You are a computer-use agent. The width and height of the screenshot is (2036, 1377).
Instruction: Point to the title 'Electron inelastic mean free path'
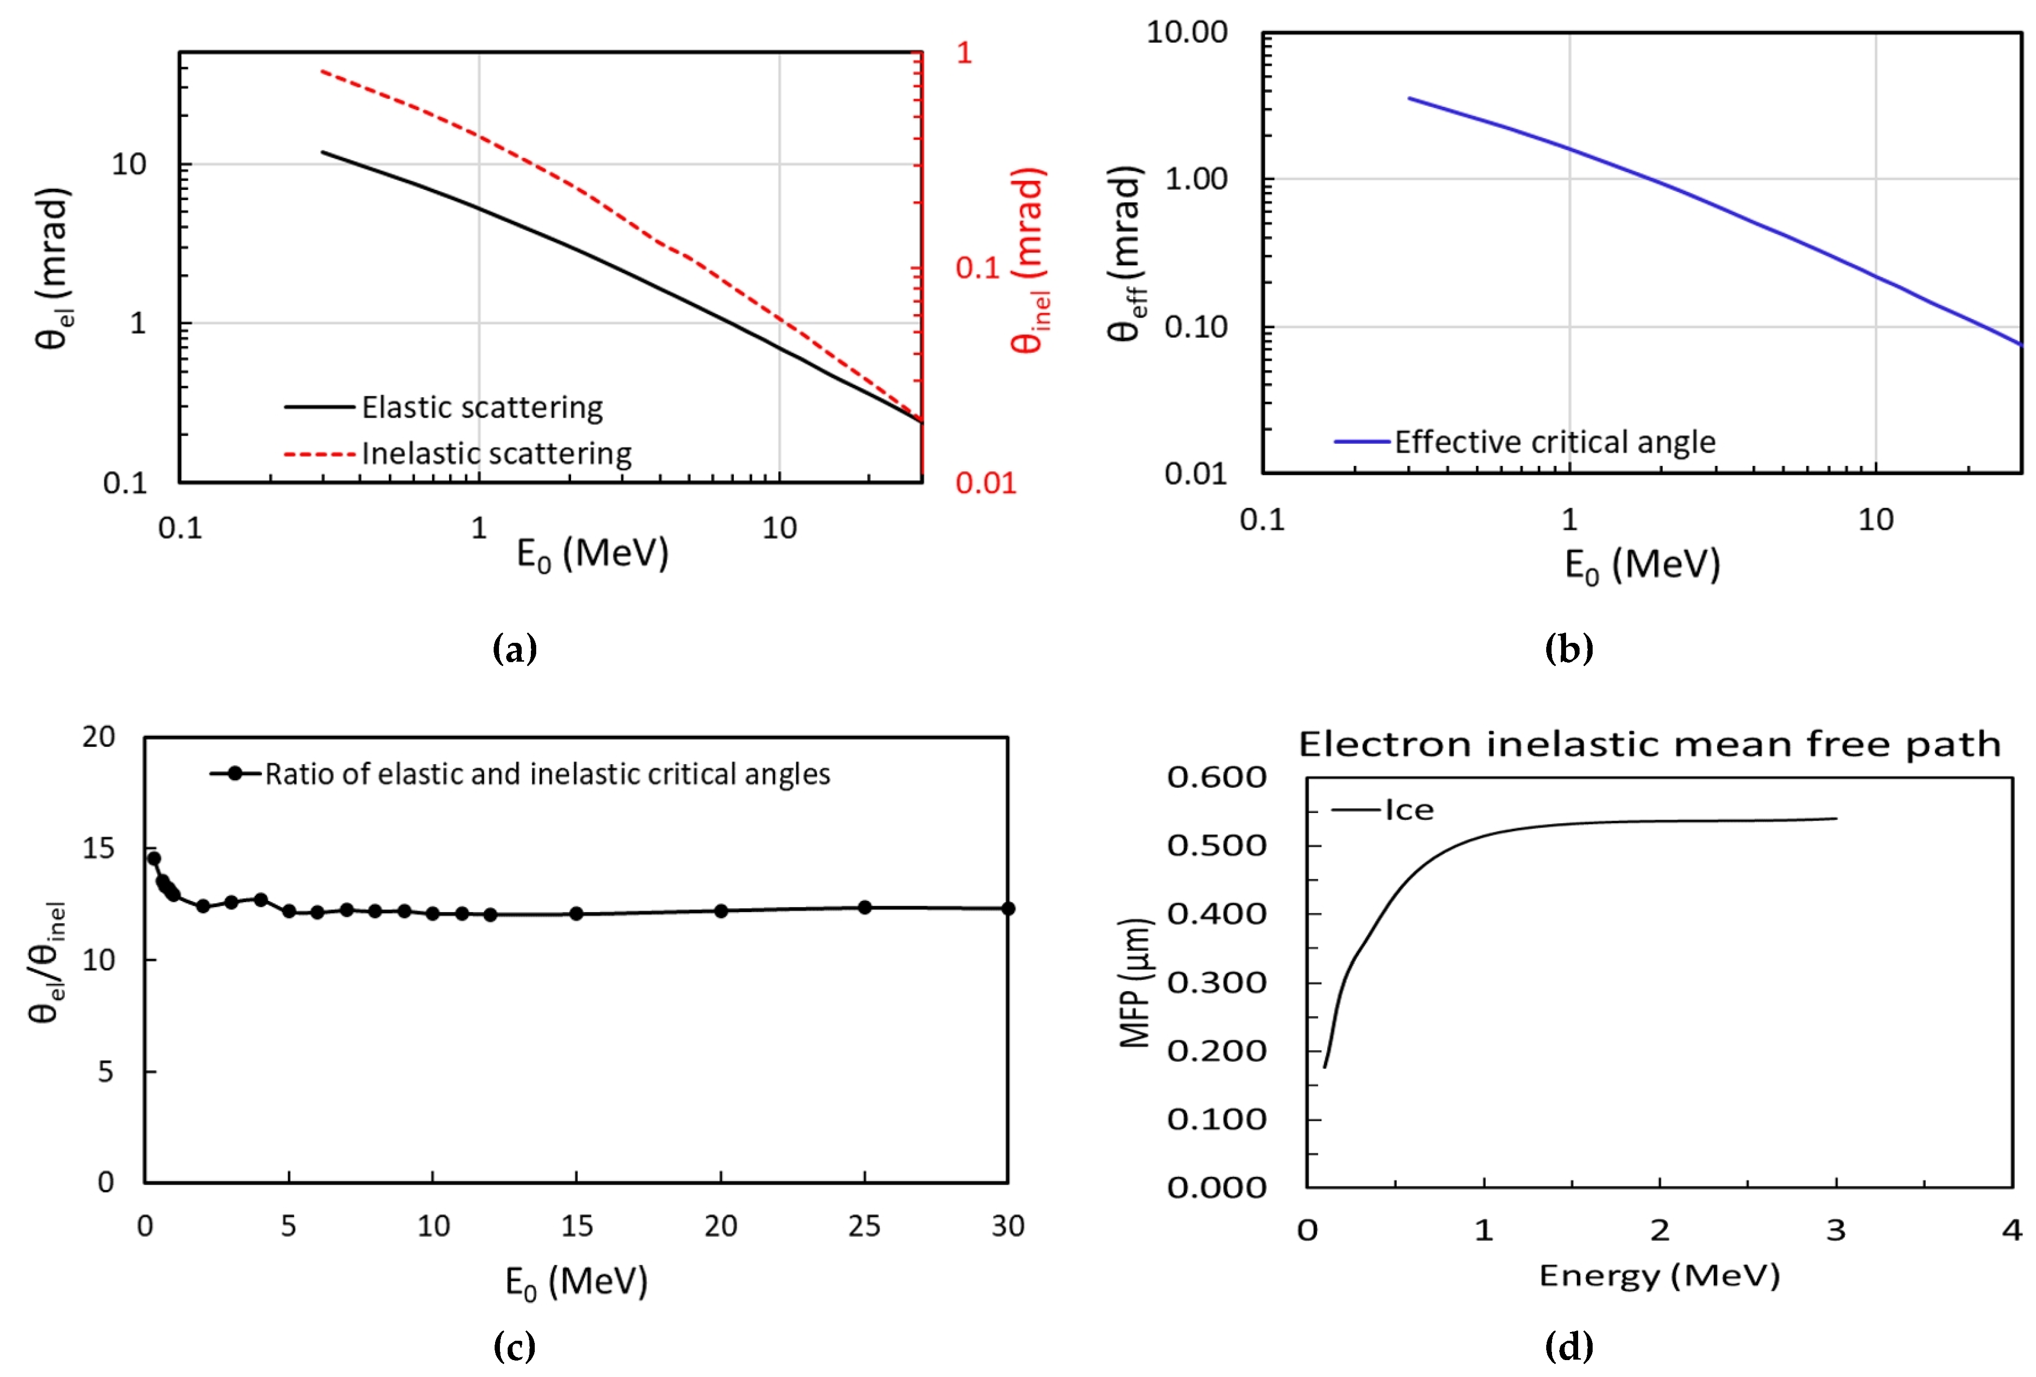1649,744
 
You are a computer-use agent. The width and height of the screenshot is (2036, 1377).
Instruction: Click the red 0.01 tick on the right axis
985,483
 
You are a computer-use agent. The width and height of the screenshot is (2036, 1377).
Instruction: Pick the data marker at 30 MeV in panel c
1008,908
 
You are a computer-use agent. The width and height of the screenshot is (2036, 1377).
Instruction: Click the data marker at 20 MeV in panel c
720,911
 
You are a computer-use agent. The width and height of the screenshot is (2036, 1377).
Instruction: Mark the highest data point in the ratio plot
153,858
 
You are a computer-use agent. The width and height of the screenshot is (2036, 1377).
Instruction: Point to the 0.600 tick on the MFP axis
1216,777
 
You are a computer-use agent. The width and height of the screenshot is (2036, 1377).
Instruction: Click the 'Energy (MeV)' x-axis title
1658,1276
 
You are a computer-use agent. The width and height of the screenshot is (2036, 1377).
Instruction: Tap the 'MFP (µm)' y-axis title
1134,983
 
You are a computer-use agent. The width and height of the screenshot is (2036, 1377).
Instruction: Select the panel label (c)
514,1347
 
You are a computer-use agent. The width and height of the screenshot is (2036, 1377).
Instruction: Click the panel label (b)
1568,649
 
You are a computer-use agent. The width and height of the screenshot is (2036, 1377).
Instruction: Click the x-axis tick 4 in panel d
2011,1231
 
